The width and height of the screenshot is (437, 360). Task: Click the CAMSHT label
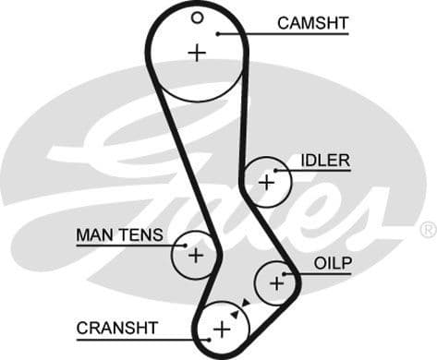point(312,22)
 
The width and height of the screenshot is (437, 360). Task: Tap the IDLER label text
point(325,161)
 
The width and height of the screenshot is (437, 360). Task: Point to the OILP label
point(333,263)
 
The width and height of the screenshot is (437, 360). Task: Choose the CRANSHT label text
point(117,328)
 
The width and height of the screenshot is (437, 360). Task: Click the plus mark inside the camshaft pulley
point(196,53)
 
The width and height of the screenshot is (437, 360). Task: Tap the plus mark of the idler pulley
point(266,182)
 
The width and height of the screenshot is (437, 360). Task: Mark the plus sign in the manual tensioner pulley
point(195,256)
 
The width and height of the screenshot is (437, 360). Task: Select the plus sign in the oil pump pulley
point(276,283)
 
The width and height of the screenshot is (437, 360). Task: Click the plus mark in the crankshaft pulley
point(221,330)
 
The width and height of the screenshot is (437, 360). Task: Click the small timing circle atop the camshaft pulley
point(197,17)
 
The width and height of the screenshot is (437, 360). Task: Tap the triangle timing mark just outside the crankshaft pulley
point(245,303)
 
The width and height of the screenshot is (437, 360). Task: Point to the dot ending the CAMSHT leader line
point(217,34)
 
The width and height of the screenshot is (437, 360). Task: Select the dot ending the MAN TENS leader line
point(185,246)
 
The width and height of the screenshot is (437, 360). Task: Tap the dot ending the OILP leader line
point(287,274)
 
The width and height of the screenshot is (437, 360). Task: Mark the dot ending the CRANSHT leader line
point(210,339)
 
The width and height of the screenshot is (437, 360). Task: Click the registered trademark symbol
point(428,229)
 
